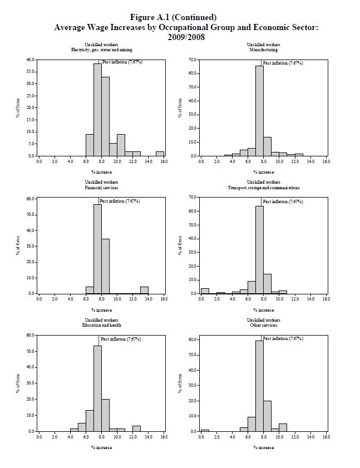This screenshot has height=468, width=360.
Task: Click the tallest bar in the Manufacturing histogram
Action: (259, 111)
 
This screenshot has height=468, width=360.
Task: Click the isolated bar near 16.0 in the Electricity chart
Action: (160, 154)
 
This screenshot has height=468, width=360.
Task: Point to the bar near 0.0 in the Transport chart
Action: (205, 290)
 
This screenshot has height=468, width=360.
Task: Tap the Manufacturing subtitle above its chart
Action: (263, 50)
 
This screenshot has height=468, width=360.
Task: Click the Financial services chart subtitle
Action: (101, 188)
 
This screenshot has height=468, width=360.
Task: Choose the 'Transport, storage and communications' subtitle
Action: (263, 188)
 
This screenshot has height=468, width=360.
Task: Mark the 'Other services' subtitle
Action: (263, 325)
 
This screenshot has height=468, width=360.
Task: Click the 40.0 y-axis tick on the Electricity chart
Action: (30, 60)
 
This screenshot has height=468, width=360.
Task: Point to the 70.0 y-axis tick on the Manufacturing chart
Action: (193, 60)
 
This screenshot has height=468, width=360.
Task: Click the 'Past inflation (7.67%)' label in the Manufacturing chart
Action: (283, 63)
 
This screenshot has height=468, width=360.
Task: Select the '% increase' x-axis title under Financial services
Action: (101, 310)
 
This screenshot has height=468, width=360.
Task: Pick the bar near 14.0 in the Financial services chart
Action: (144, 290)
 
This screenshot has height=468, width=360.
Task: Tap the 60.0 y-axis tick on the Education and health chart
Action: (30, 336)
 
